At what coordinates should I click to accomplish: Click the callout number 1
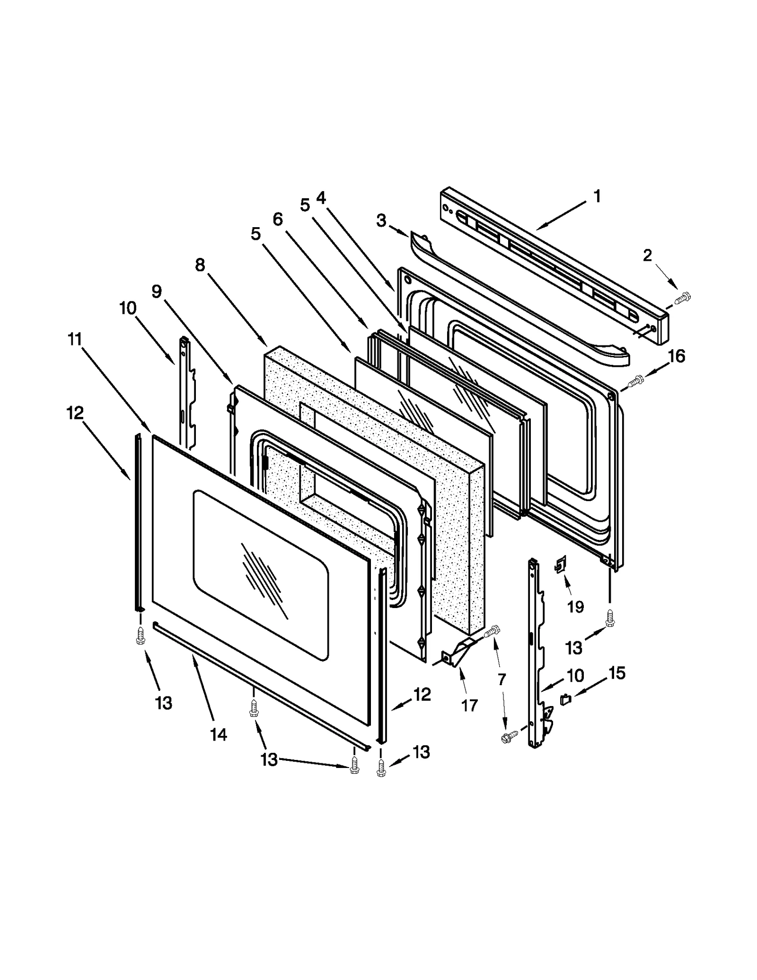click(x=597, y=196)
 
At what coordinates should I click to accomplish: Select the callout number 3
click(x=381, y=221)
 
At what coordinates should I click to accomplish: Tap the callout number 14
click(x=219, y=734)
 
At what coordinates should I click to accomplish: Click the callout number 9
click(x=157, y=291)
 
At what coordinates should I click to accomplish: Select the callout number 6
click(x=278, y=219)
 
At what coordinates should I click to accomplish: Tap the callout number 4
click(x=321, y=197)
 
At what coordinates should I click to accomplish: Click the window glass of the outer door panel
click(x=260, y=575)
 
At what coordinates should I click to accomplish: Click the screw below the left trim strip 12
click(x=141, y=635)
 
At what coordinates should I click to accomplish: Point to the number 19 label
click(x=575, y=607)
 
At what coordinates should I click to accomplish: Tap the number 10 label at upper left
click(x=128, y=308)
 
